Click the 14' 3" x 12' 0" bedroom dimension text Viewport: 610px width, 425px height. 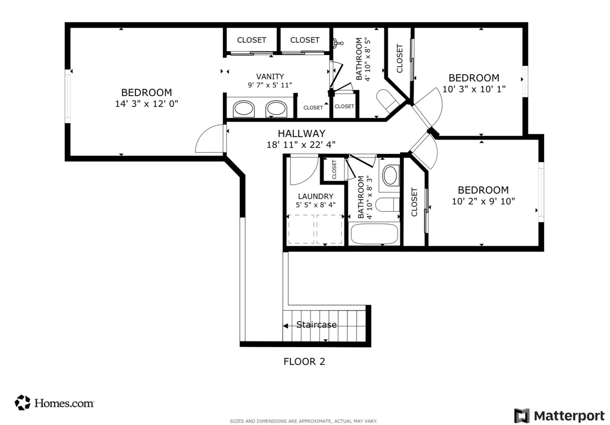146,104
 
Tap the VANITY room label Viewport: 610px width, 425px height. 270,76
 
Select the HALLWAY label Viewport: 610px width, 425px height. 301,133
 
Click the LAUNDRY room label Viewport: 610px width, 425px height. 316,196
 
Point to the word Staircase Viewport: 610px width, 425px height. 316,325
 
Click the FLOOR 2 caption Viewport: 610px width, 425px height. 304,361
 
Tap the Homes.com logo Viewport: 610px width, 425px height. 55,403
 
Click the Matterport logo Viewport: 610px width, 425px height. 559,416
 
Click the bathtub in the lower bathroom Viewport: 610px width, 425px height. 374,234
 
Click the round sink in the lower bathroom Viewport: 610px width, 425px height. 390,175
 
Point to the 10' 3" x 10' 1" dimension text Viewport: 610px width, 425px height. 474,89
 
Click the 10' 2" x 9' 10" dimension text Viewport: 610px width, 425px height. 483,201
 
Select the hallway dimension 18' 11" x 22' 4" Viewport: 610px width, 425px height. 301,145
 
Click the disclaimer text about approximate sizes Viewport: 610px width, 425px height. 304,421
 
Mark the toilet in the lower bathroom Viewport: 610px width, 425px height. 386,204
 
